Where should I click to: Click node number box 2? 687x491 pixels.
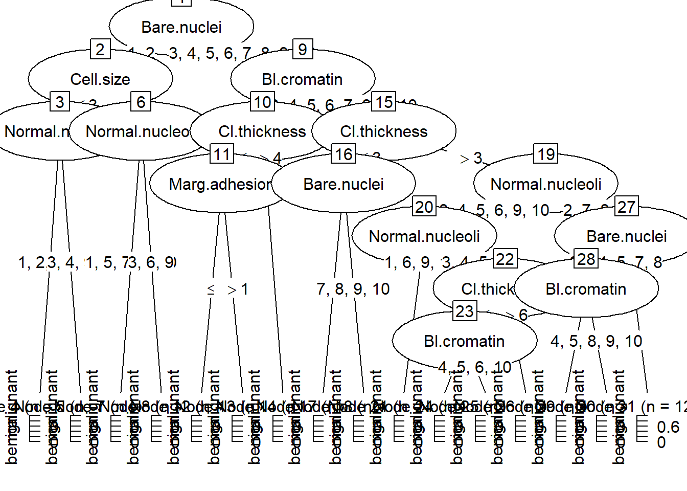[x=100, y=50]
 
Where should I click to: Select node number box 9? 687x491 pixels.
[x=303, y=50]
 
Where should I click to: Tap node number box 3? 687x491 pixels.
[x=60, y=102]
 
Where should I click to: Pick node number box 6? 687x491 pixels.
[x=141, y=102]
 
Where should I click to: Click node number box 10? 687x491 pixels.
[x=263, y=102]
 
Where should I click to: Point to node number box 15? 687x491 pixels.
[x=384, y=102]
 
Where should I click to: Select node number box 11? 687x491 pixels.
[x=222, y=154]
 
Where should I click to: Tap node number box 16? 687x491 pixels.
[x=343, y=154]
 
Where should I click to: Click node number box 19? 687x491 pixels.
[x=546, y=154]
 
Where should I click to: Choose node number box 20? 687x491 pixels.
[x=424, y=207]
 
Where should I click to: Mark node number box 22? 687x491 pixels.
[x=505, y=259]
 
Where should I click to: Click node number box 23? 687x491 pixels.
[x=465, y=311]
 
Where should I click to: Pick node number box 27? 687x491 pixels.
[x=627, y=207]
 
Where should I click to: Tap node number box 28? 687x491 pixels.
[x=586, y=259]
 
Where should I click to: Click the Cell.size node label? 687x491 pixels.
[x=100, y=79]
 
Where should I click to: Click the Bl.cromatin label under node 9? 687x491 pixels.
[x=302, y=79]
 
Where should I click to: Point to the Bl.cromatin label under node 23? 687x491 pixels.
[x=464, y=341]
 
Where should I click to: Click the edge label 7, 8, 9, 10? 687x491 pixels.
[x=353, y=289]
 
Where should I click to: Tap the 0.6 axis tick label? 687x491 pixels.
[x=668, y=427]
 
